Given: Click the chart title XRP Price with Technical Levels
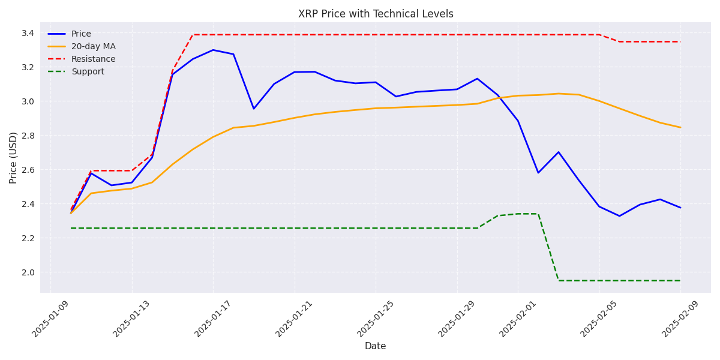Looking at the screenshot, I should click(376, 14).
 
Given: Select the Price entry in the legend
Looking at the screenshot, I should click(81, 34).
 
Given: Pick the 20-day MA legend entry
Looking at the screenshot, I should click(93, 47).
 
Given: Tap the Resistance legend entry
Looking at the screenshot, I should click(93, 59).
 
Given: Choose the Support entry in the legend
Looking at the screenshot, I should click(88, 72).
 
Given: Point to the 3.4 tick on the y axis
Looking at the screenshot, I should click(27, 33).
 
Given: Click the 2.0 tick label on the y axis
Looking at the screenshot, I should click(27, 272).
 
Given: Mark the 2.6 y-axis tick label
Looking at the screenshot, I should click(27, 170).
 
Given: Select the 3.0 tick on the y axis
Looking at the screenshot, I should click(27, 101).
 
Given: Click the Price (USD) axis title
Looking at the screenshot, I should click(13, 157).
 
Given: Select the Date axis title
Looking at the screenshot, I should click(376, 346).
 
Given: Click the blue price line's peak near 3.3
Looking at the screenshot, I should click(213, 50).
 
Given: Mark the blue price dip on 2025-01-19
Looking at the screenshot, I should click(254, 109).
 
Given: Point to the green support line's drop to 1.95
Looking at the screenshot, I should click(559, 280).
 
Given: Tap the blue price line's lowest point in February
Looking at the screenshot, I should click(619, 216).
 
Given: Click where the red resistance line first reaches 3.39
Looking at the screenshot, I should click(193, 35).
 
